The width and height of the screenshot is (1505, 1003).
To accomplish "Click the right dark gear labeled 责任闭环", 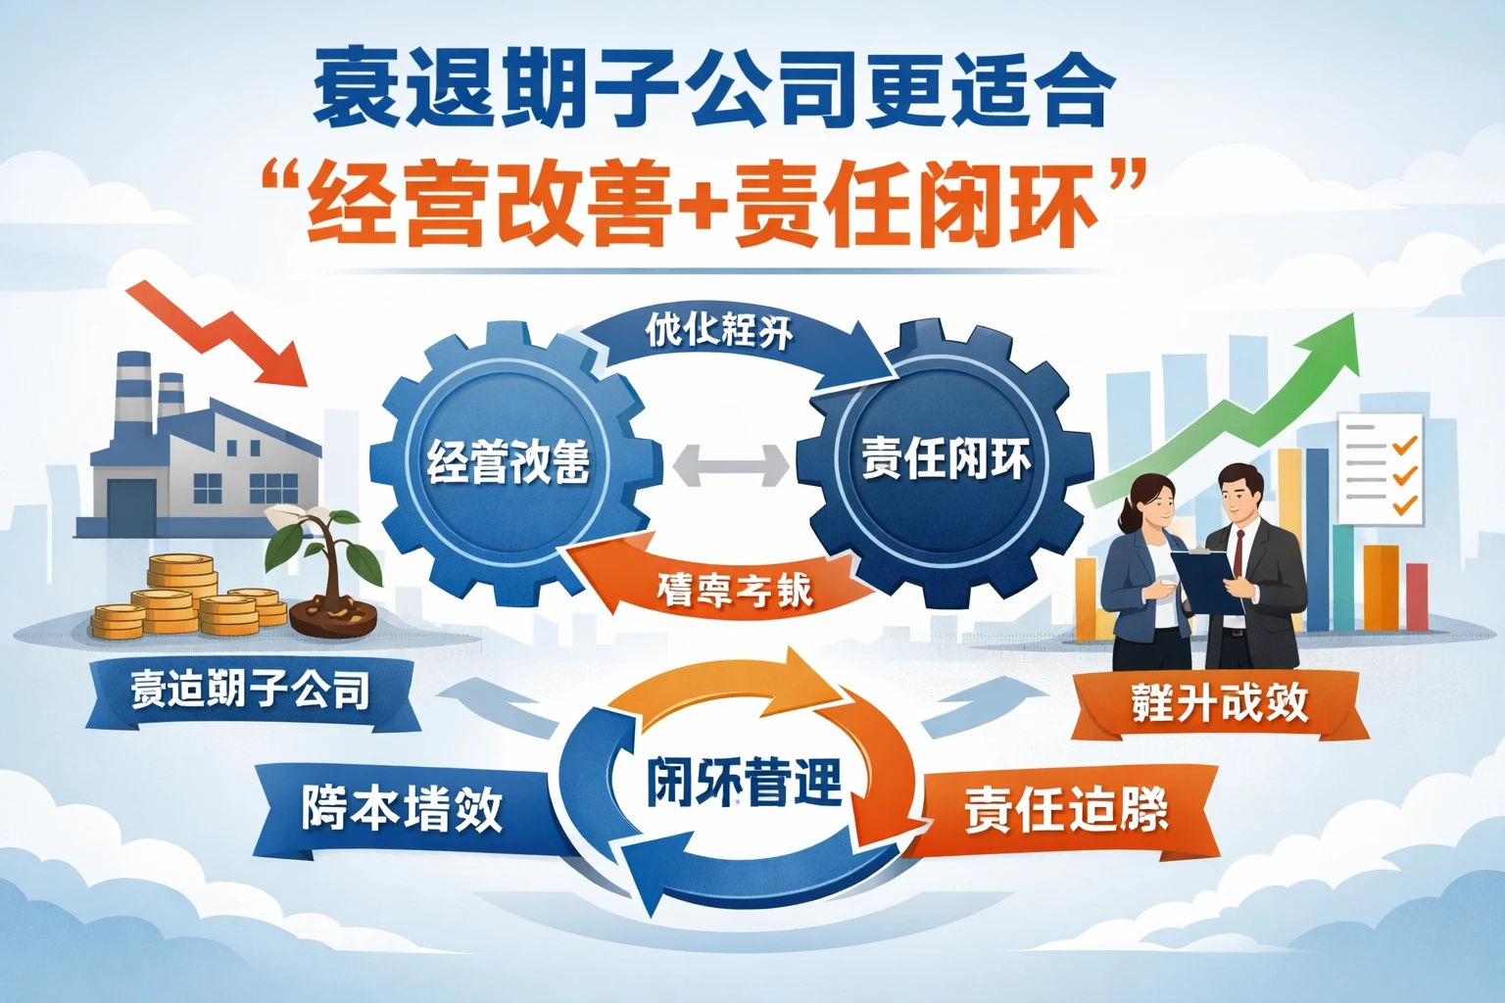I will click(x=945, y=460).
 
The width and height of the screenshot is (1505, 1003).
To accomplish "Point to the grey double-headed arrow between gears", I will click(x=730, y=464).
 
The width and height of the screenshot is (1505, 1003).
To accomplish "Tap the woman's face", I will click(x=1156, y=504).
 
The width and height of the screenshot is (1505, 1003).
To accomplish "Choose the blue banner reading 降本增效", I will click(x=402, y=809).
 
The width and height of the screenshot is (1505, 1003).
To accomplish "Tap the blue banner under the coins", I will click(x=251, y=692).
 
